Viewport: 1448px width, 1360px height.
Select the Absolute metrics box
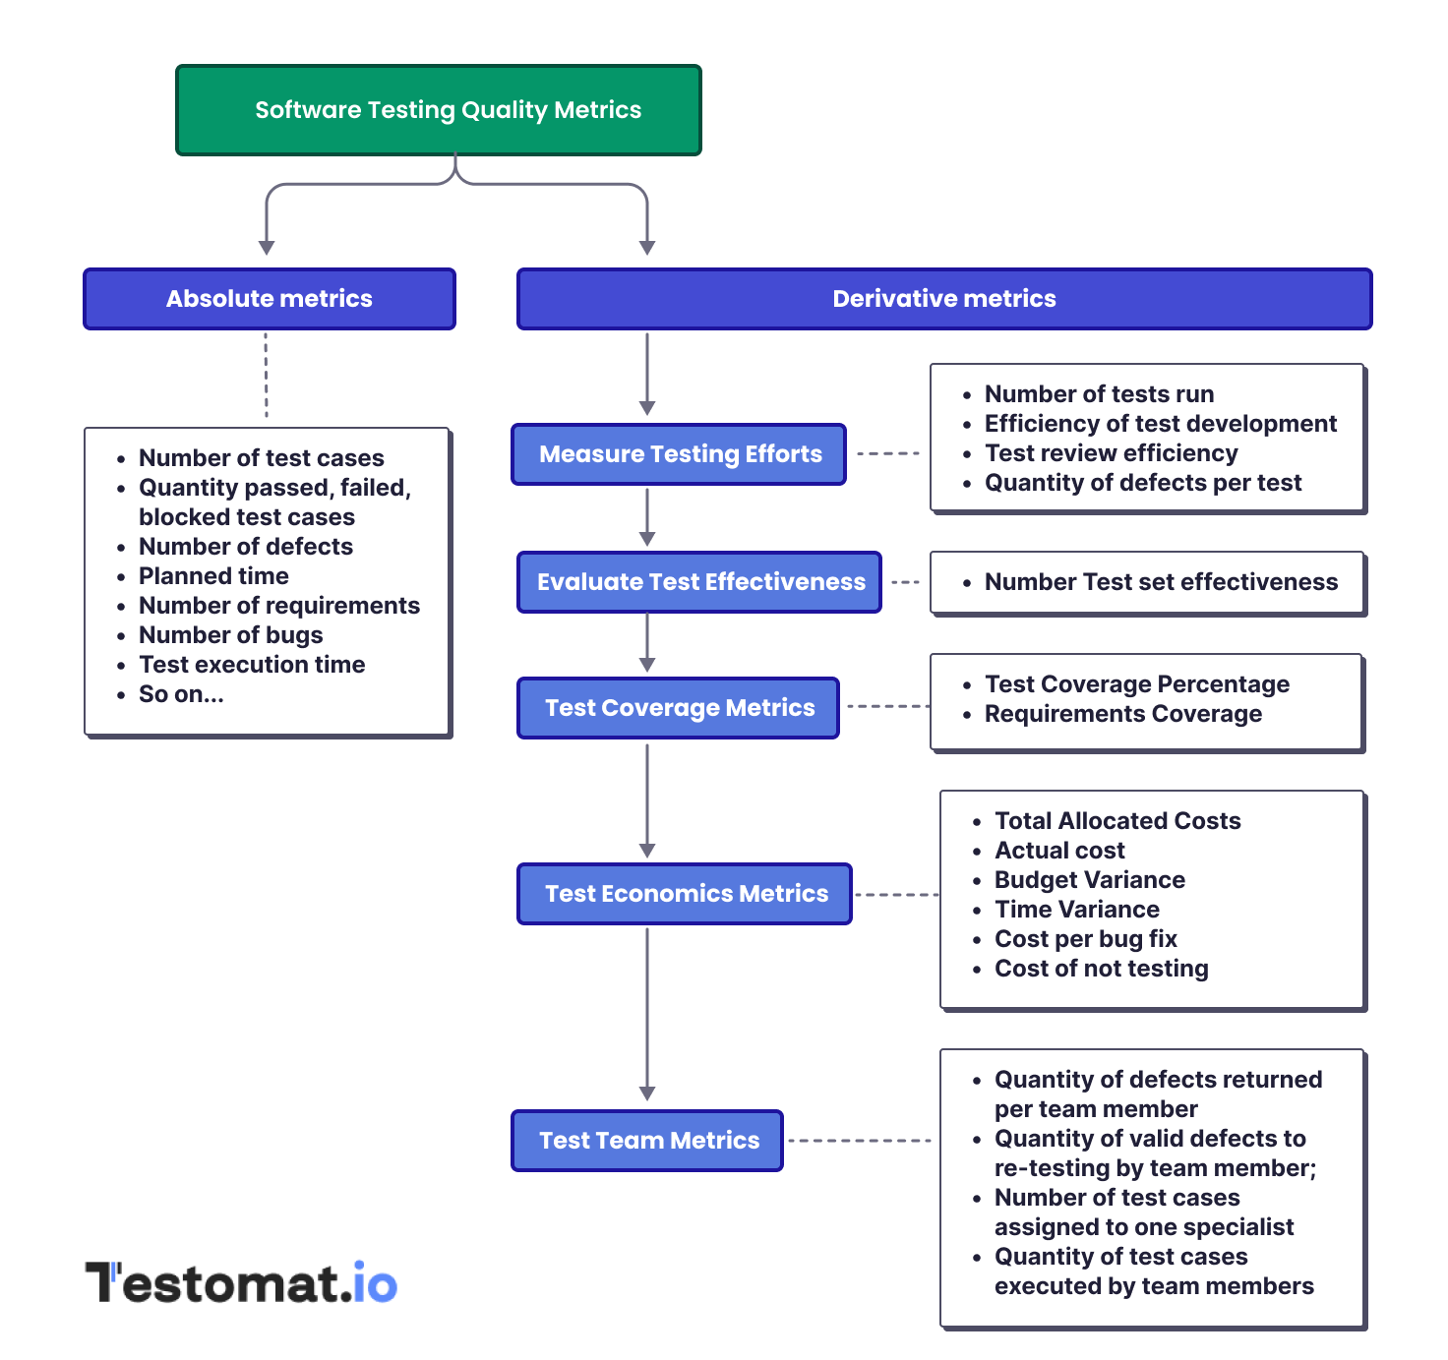(270, 299)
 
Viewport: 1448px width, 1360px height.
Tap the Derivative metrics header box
(943, 299)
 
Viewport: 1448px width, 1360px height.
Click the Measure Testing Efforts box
(679, 454)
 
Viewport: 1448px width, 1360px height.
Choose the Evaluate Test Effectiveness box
(699, 582)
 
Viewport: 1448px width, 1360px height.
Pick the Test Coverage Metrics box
(678, 708)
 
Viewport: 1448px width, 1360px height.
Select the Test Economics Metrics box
(685, 894)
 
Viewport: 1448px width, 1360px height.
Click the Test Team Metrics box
(647, 1141)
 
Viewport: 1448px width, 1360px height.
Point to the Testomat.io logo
(242, 1283)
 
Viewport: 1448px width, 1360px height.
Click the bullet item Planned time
(213, 576)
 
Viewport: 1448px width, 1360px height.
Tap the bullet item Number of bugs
(230, 635)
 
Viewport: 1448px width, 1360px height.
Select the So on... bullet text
(181, 694)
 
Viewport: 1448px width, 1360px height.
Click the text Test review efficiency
(1111, 453)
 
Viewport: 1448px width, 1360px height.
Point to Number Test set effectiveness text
(1161, 582)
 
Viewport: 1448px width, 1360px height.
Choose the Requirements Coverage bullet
(1122, 714)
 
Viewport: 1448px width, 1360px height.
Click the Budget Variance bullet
(1089, 880)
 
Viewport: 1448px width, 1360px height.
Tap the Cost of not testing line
(1101, 969)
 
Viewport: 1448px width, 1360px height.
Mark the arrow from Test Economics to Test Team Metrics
(647, 1013)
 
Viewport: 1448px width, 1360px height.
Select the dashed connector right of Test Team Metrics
(860, 1141)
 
